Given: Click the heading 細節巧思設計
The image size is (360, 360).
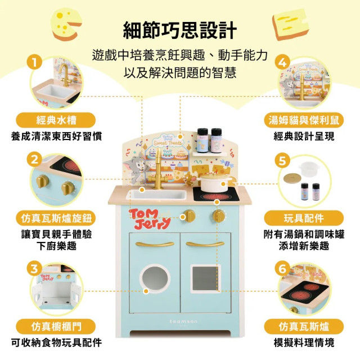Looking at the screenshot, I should tap(180, 30).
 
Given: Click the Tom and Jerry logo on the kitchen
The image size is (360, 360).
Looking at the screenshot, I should tap(149, 218).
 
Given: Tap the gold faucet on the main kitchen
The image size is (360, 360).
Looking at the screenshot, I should tap(160, 169).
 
